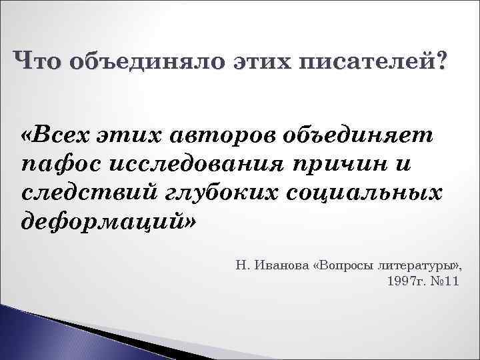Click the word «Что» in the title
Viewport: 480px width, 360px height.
39,61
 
